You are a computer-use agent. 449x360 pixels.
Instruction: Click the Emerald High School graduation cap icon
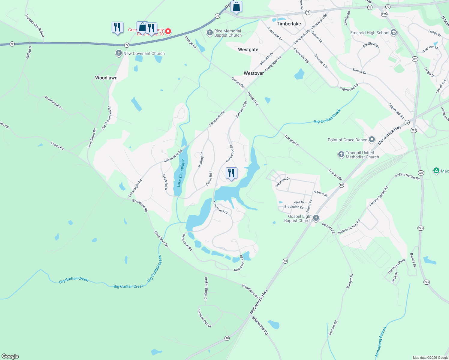click(x=394, y=33)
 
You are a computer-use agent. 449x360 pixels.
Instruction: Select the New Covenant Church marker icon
click(x=119, y=53)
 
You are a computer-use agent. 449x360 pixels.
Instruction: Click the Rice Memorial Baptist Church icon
click(x=210, y=33)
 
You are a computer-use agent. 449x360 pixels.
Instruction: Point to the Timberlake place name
click(x=289, y=24)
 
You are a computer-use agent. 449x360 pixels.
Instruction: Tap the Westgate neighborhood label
click(x=248, y=49)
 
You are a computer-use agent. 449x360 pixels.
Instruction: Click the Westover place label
click(x=254, y=73)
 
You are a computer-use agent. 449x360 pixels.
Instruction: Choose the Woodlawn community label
click(x=106, y=78)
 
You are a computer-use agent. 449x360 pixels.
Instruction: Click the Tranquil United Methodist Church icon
click(x=341, y=154)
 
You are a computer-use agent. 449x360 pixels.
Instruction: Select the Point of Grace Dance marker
click(x=372, y=139)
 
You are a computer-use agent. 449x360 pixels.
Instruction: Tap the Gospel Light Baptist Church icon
click(x=316, y=218)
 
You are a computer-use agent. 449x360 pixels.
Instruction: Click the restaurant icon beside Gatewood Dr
click(x=231, y=173)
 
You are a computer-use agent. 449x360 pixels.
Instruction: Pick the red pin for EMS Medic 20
click(x=168, y=31)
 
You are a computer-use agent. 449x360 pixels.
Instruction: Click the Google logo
click(x=10, y=356)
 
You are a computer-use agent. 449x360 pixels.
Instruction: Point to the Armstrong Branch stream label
click(x=381, y=342)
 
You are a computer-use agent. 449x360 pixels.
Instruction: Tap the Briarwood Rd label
click(x=260, y=325)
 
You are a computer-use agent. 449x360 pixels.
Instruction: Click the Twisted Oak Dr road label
click(x=204, y=318)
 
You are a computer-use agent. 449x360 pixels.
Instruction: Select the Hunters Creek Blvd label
click(x=35, y=26)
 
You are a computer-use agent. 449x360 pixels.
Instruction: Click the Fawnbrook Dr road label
click(x=53, y=102)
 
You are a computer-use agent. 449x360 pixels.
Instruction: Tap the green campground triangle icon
click(x=436, y=171)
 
